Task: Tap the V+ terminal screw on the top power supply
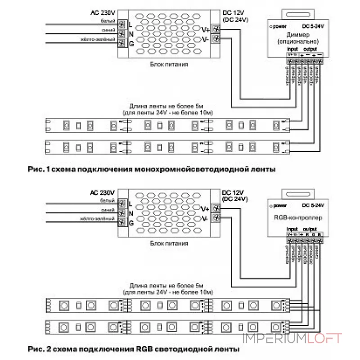tap(216, 30)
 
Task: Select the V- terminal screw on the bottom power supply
tap(216, 218)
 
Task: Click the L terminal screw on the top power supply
tap(121, 23)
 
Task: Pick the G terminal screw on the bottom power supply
tap(121, 223)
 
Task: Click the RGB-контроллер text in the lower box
tap(295, 217)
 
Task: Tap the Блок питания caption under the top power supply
tap(169, 64)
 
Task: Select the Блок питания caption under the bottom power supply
tap(169, 243)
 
